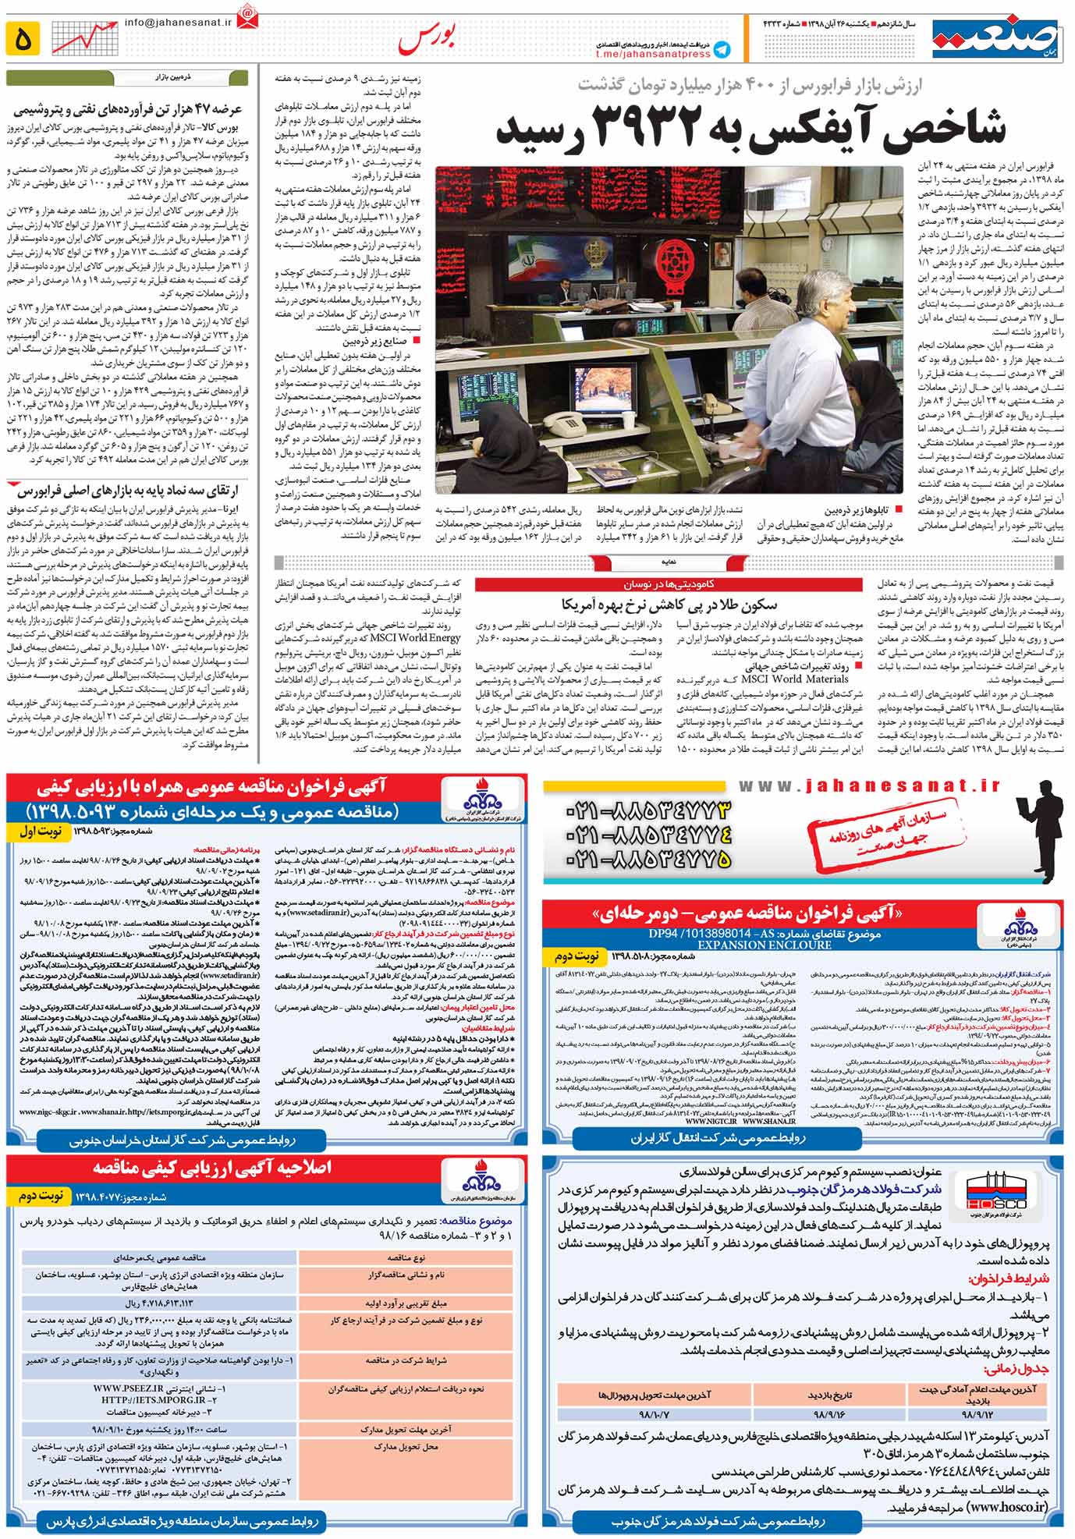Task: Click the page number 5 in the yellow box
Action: [23, 38]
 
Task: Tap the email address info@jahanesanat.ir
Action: [179, 22]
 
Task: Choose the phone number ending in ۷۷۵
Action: [652, 860]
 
